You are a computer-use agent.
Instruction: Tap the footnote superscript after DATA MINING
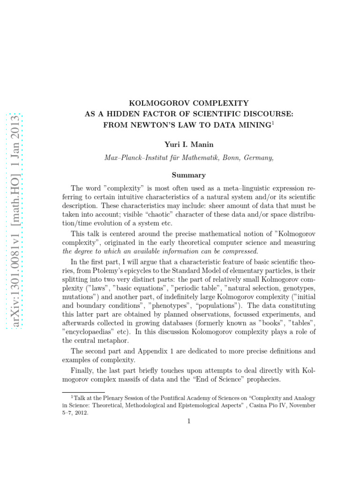(274, 122)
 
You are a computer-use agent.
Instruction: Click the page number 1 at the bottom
(189, 421)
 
